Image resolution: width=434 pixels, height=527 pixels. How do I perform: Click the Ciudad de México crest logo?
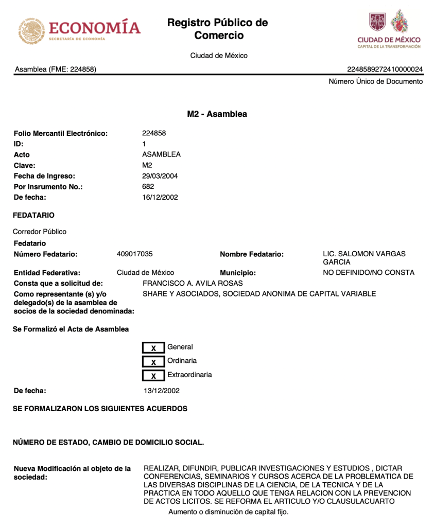coord(389,29)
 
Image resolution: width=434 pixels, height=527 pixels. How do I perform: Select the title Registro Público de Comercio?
coord(217,29)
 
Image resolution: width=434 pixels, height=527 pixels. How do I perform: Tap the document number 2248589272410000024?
coord(385,69)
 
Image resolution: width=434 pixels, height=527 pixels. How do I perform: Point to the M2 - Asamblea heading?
coord(217,114)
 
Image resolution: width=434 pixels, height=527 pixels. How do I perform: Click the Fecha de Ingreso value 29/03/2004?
coord(160,176)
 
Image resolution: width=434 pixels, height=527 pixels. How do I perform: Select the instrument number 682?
coord(148,187)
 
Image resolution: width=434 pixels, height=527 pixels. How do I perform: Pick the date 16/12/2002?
coord(160,198)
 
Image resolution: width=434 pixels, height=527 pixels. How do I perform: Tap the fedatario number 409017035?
coord(135,254)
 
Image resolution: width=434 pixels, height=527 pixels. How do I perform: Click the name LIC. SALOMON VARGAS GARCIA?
coord(364,258)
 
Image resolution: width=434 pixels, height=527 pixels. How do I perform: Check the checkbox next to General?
coord(153,348)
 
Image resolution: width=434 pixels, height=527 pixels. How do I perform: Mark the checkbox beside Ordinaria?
coord(153,362)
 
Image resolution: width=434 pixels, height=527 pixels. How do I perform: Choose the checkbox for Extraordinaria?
coord(153,376)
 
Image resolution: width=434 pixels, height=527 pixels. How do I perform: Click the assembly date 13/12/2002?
coord(162,391)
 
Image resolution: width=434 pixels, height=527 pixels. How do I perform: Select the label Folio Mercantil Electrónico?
coord(61,133)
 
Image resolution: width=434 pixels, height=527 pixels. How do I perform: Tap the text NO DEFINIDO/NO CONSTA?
coord(369,272)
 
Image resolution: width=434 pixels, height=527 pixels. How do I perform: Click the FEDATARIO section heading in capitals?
coord(34,215)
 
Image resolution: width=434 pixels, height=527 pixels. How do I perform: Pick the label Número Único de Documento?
coord(376,81)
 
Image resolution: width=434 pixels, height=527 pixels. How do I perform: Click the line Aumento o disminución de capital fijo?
coord(229,512)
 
